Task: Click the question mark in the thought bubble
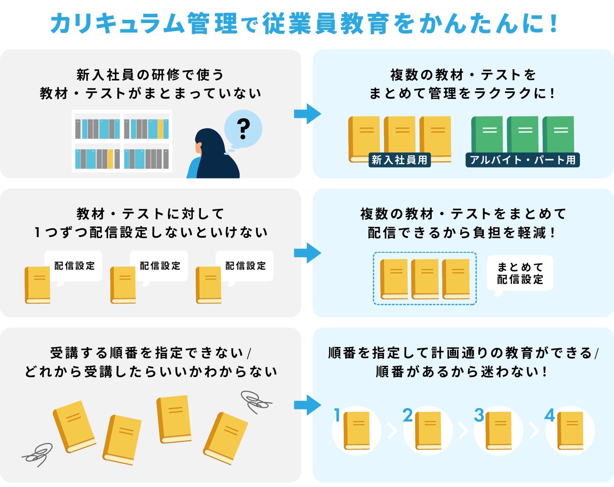pyautogui.click(x=243, y=129)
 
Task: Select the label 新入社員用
pyautogui.click(x=399, y=160)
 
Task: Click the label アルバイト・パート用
pyautogui.click(x=522, y=160)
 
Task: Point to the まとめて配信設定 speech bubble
pyautogui.click(x=520, y=273)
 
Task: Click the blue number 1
pyautogui.click(x=337, y=415)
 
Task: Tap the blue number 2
pyautogui.click(x=408, y=415)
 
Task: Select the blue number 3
pyautogui.click(x=479, y=415)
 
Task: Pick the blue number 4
pyautogui.click(x=549, y=415)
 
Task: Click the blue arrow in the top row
pyautogui.click(x=308, y=114)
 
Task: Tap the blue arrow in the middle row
pyautogui.click(x=308, y=253)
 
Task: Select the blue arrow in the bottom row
pyautogui.click(x=308, y=405)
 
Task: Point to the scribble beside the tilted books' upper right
pyautogui.click(x=256, y=401)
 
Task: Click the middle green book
pyautogui.click(x=523, y=134)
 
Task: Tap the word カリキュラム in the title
pyautogui.click(x=118, y=24)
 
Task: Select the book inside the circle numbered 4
pyautogui.click(x=570, y=430)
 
